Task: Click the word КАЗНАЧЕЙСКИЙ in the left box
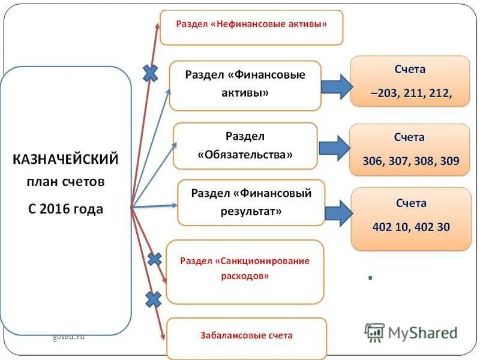point(65,160)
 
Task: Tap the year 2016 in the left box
point(59,209)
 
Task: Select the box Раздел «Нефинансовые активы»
point(251,26)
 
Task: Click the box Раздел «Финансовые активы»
point(245,85)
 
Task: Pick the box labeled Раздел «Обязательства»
point(245,146)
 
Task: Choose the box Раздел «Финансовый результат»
point(251,202)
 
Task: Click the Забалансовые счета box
point(247,335)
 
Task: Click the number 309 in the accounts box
point(449,161)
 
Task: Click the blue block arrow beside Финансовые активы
point(337,86)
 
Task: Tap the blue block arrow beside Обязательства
point(334,148)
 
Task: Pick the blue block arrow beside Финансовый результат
point(339,212)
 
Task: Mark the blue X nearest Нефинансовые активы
point(150,73)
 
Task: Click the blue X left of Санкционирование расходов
point(155,259)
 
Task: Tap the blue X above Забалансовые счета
point(154,299)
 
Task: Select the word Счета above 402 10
point(411,203)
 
